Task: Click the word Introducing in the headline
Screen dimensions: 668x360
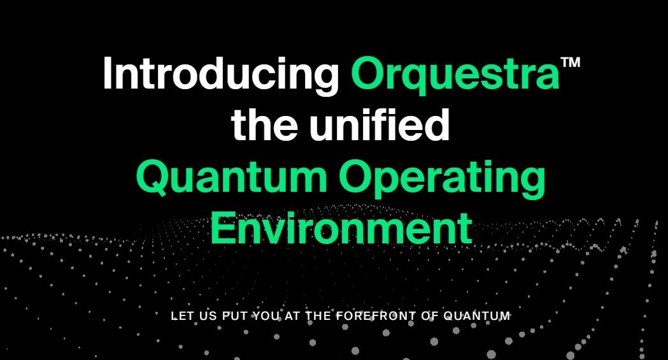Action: pyautogui.click(x=221, y=73)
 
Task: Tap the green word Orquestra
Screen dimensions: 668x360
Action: pyautogui.click(x=455, y=73)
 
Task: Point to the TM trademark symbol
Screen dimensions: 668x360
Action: pyautogui.click(x=571, y=62)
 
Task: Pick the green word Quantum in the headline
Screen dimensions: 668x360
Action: pyautogui.click(x=231, y=176)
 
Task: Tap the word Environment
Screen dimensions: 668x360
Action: pyautogui.click(x=341, y=227)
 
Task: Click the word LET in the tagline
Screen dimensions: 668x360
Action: pyautogui.click(x=180, y=316)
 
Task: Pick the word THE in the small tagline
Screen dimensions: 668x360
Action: pyautogui.click(x=318, y=316)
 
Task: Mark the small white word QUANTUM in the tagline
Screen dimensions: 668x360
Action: pyautogui.click(x=477, y=316)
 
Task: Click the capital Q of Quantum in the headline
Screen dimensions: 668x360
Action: pyautogui.click(x=152, y=177)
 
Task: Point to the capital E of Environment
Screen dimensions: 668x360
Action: pyautogui.click(x=223, y=227)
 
